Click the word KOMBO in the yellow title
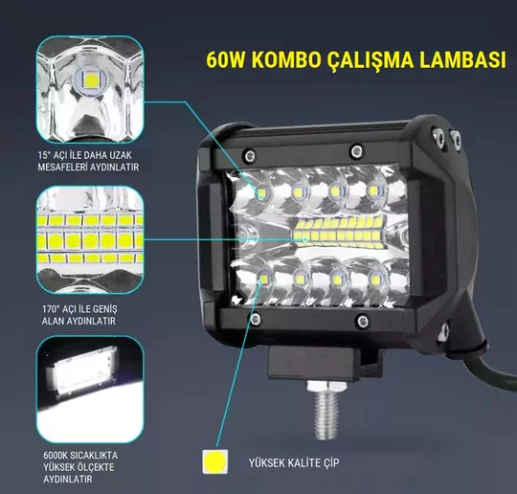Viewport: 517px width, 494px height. pyautogui.click(x=287, y=60)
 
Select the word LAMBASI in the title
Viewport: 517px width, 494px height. pyautogui.click(x=463, y=60)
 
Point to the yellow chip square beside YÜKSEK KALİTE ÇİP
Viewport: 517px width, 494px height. pyautogui.click(x=215, y=461)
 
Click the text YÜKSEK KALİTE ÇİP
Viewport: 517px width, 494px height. pyautogui.click(x=294, y=462)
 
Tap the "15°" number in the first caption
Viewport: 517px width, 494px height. pyautogui.click(x=45, y=155)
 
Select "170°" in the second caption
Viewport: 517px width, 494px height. pyautogui.click(x=51, y=309)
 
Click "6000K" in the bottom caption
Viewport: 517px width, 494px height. pyautogui.click(x=56, y=456)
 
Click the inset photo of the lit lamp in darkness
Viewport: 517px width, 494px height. pyautogui.click(x=90, y=389)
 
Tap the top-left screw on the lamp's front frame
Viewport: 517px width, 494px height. pyautogui.click(x=250, y=155)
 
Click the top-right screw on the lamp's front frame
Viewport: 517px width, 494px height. pyautogui.click(x=356, y=152)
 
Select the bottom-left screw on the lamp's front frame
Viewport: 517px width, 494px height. pyautogui.click(x=255, y=319)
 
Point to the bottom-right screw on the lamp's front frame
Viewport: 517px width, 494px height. pyautogui.click(x=363, y=320)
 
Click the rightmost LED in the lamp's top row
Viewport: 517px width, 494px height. pyautogui.click(x=373, y=191)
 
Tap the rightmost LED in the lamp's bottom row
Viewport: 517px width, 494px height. pyautogui.click(x=375, y=280)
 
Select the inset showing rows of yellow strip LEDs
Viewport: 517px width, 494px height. pyautogui.click(x=90, y=239)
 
